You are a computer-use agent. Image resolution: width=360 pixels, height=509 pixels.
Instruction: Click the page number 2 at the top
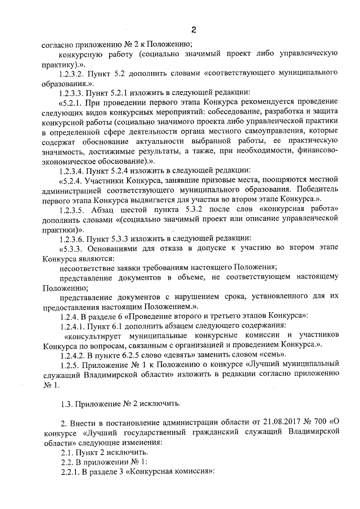(193, 29)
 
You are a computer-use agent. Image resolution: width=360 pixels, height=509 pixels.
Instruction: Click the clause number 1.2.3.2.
(75, 74)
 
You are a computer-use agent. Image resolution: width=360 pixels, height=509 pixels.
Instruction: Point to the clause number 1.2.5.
(71, 365)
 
